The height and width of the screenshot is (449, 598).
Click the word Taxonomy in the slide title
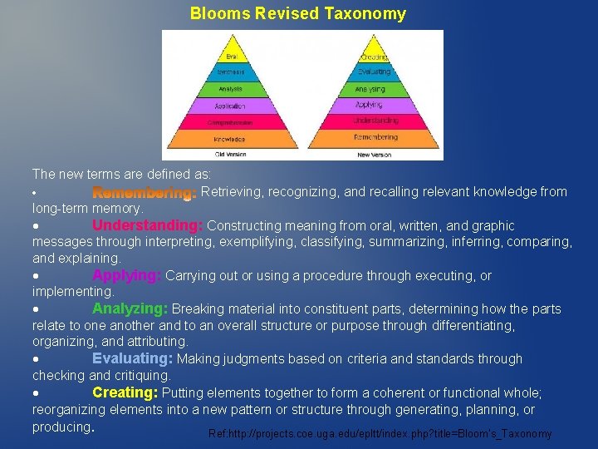click(x=369, y=13)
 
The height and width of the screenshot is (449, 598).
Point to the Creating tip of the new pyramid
click(x=374, y=57)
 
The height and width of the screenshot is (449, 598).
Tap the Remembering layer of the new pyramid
click(x=375, y=137)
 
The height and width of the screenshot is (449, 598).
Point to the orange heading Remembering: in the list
click(x=144, y=192)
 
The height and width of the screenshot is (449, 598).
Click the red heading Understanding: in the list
click(x=147, y=225)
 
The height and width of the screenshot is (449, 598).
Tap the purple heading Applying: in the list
click(x=126, y=275)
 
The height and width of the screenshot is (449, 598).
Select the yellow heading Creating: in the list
click(x=125, y=392)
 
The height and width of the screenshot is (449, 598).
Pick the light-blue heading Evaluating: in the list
click(x=132, y=359)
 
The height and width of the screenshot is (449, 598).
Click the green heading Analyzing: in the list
click(x=130, y=309)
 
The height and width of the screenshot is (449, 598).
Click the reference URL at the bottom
click(x=380, y=434)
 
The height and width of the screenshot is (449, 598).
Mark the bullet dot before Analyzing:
click(x=37, y=309)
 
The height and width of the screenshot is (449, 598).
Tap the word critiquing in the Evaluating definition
click(x=138, y=376)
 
